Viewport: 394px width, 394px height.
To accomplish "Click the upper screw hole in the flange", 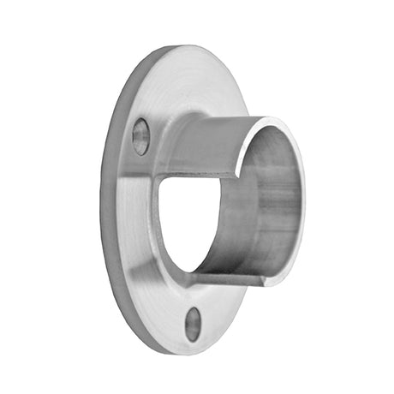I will (x=140, y=136).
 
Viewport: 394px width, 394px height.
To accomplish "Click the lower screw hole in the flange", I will (x=194, y=323).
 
